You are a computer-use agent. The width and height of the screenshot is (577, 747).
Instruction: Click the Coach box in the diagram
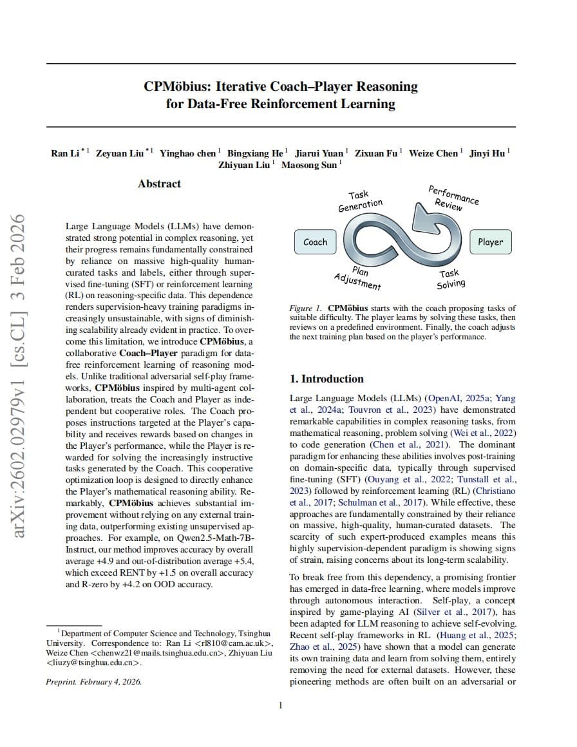click(x=315, y=242)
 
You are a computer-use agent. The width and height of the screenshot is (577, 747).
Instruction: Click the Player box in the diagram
click(x=490, y=242)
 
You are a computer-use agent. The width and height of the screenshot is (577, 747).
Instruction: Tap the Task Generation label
click(x=361, y=200)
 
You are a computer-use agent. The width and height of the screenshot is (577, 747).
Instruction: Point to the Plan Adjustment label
click(x=358, y=278)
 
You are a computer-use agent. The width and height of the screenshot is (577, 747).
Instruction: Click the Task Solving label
click(x=451, y=279)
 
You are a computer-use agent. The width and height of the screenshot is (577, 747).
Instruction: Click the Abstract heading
click(x=159, y=184)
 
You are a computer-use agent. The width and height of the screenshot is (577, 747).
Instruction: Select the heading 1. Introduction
click(x=326, y=379)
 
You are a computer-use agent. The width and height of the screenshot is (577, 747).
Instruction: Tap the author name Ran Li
click(x=64, y=153)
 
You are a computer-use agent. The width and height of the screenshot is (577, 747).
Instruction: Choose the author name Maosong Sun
click(x=310, y=164)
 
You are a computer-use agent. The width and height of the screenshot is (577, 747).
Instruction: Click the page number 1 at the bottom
click(x=280, y=706)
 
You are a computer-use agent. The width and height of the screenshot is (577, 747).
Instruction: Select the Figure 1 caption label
click(x=306, y=308)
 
